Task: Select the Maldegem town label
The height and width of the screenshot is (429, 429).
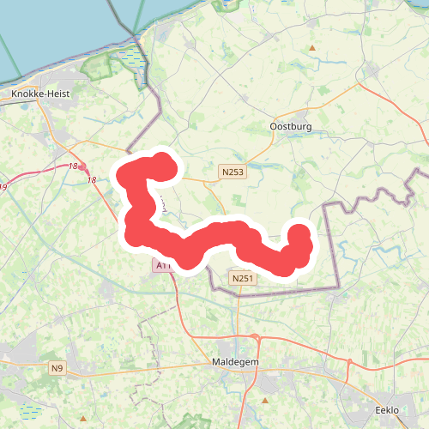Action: coord(233,363)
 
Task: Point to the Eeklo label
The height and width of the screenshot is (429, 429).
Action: coord(387,411)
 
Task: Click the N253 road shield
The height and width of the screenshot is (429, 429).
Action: coord(231,172)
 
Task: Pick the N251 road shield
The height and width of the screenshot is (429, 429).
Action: coord(242,279)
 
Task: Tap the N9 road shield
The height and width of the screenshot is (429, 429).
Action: coord(57,369)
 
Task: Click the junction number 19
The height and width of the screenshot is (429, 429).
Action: coord(3,186)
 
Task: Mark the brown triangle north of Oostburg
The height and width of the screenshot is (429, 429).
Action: coord(313,47)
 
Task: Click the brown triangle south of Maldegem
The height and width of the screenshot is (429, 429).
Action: coord(266,400)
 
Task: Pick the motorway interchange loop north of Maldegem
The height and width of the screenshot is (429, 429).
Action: coord(256,338)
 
